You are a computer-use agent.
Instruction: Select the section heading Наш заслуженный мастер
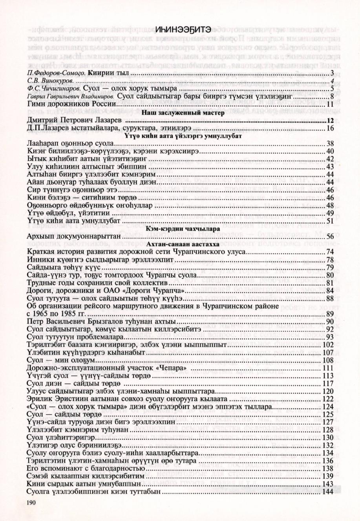coord(180,113)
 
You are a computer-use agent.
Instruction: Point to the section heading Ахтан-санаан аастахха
coord(179,244)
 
